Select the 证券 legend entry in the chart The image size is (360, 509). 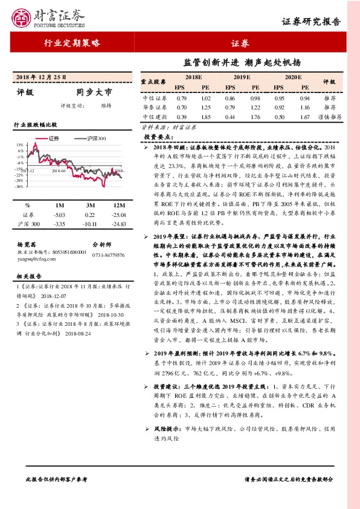[x=51, y=138]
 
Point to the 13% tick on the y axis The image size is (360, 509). [x=20, y=145]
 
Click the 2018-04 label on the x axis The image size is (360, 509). [x=59, y=171]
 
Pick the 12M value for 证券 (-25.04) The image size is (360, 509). [x=118, y=215]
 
